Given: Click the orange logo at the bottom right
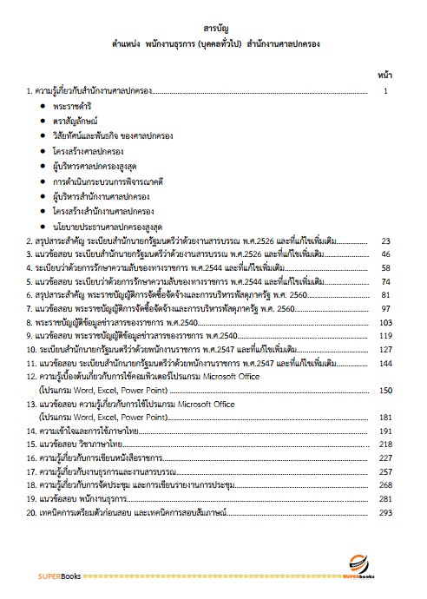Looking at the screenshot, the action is click(358, 565).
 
